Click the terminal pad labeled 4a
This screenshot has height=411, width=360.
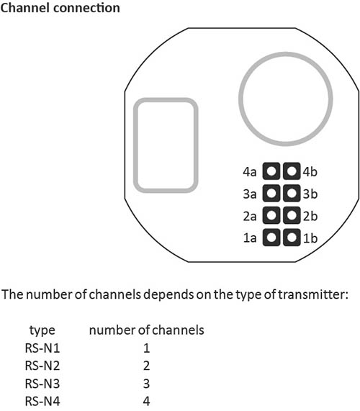[271, 171]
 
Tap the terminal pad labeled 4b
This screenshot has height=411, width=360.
[292, 171]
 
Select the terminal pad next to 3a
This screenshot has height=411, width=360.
[271, 194]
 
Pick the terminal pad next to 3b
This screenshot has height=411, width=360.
[292, 194]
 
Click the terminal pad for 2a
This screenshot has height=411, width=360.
[271, 215]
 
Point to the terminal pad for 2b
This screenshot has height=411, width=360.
[292, 215]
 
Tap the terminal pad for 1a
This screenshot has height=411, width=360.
[271, 238]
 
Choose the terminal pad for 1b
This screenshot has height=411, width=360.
[292, 238]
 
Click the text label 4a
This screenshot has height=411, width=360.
[250, 172]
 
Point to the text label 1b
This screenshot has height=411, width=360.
[310, 238]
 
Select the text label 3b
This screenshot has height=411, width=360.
[310, 194]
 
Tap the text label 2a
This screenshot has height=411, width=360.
[250, 216]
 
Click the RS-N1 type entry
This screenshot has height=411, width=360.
[42, 348]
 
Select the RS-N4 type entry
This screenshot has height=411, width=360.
[42, 401]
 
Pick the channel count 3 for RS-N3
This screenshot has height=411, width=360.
[146, 384]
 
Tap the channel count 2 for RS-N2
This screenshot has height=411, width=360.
[146, 366]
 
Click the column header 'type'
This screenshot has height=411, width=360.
[42, 330]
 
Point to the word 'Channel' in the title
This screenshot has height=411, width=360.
[25, 8]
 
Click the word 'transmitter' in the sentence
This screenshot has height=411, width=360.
[312, 294]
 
